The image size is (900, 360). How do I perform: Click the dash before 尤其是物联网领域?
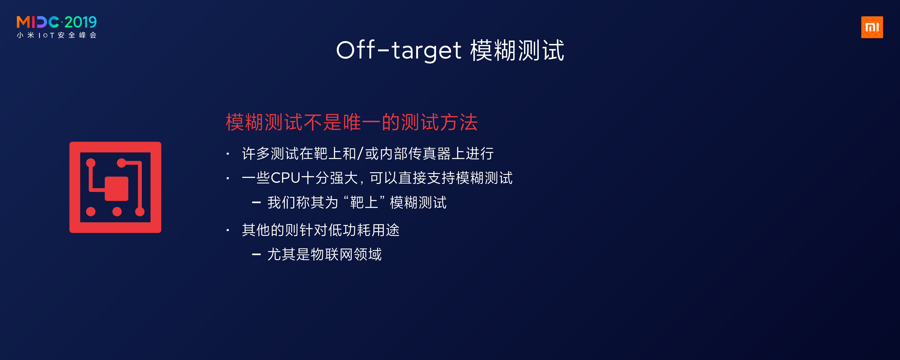[256, 254]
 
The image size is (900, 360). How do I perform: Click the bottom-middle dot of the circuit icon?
[117, 211]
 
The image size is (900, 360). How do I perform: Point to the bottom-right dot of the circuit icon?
[140, 211]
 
